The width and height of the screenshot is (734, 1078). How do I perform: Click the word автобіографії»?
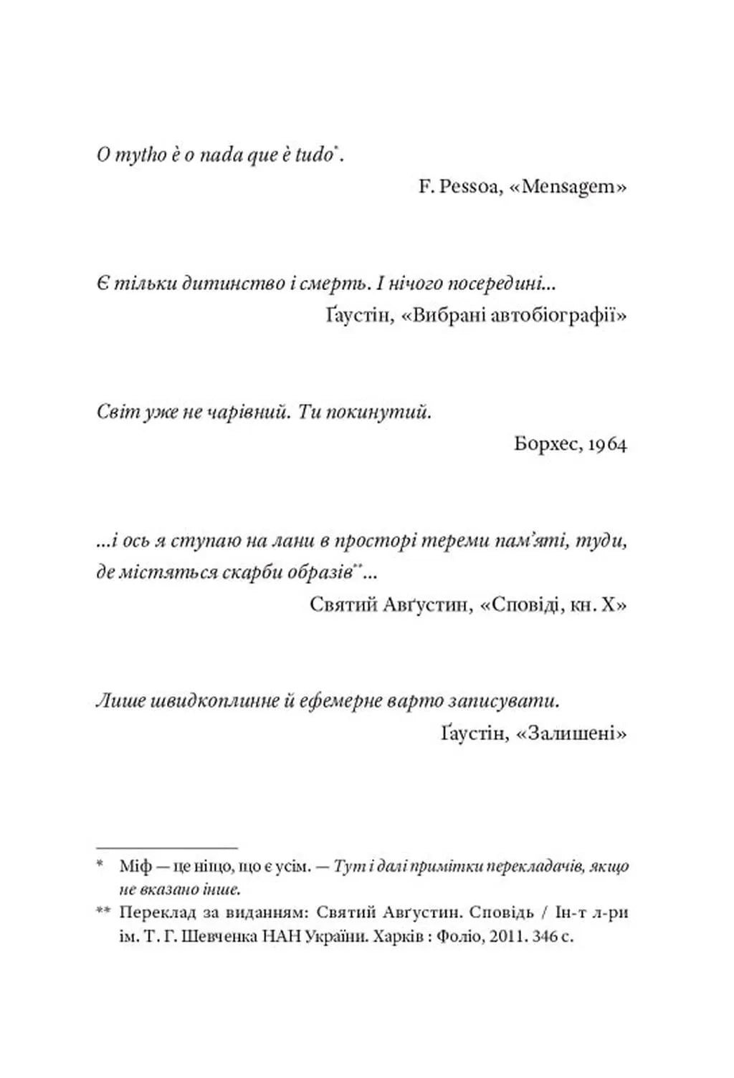coord(559,316)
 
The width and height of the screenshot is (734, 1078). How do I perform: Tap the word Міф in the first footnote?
coord(135,867)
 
